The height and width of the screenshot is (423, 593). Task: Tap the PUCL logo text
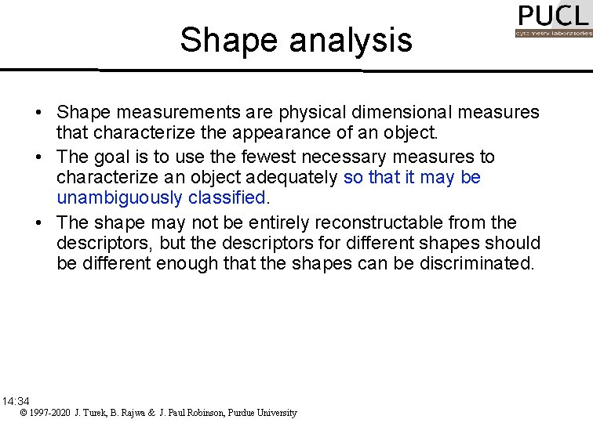(552, 16)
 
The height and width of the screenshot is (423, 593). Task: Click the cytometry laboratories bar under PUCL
(553, 34)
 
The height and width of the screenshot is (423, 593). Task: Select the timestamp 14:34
(16, 401)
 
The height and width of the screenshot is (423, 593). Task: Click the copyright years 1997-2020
(45, 413)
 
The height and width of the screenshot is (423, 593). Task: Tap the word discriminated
(466, 264)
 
